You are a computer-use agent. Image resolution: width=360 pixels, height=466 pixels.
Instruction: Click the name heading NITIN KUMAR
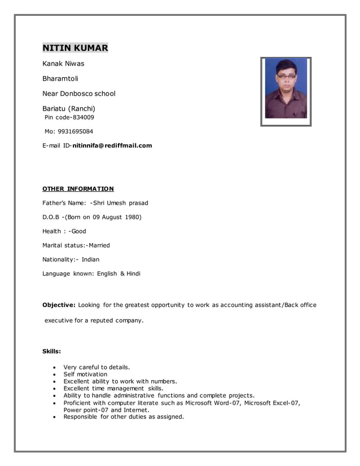[x=75, y=48]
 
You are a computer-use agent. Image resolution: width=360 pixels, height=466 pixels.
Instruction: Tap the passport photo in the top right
[x=286, y=91]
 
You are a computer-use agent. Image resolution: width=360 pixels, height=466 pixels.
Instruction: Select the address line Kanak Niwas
[x=63, y=64]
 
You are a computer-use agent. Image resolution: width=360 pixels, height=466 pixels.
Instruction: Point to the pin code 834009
[x=82, y=117]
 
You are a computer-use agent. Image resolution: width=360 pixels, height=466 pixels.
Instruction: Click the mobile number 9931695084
[x=74, y=131]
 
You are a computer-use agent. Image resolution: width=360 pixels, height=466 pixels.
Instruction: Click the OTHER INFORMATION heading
[x=78, y=189]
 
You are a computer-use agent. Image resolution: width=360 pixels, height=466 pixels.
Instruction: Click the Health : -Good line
[x=64, y=231]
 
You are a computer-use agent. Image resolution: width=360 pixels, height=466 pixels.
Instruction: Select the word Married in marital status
[x=99, y=245]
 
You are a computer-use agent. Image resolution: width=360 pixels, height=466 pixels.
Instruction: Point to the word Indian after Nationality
[x=90, y=260]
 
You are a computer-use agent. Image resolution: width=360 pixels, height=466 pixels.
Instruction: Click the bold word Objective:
[x=59, y=305]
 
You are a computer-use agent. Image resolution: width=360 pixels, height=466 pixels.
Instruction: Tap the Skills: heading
[x=51, y=351]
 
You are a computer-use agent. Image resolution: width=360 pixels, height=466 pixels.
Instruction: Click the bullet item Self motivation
[x=85, y=374]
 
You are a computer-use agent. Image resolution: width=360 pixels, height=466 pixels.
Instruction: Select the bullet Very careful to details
[x=96, y=367]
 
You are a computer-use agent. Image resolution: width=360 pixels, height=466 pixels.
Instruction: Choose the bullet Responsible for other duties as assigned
[x=124, y=417]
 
